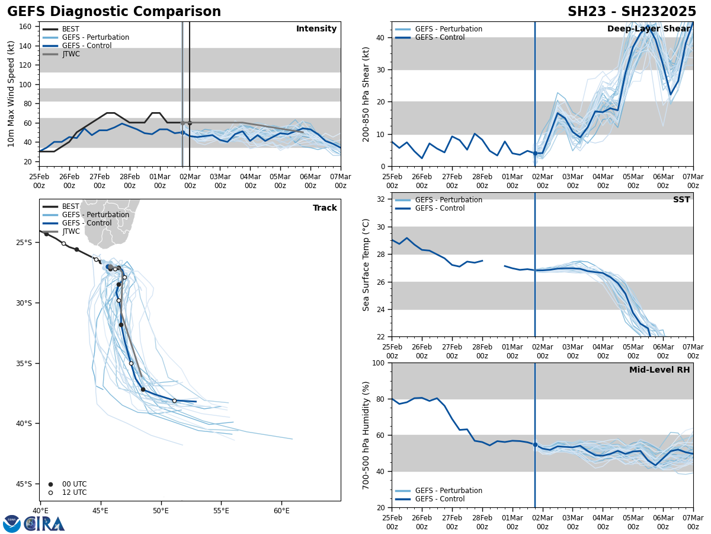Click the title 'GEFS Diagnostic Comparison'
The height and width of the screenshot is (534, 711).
coord(114,12)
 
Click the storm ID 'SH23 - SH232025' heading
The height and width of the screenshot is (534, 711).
coord(632,12)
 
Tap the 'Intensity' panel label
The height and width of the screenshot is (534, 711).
coord(316,29)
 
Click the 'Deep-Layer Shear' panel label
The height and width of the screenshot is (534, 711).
coord(648,29)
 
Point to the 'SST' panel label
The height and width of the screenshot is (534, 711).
coord(681,200)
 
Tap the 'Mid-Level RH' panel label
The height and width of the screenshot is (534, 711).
coord(659,370)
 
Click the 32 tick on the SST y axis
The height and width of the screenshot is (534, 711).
coord(381,199)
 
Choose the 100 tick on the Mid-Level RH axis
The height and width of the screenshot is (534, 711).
coord(379,363)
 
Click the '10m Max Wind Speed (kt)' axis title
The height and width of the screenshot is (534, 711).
coord(11,94)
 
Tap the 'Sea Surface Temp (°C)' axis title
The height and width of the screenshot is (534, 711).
coord(366,265)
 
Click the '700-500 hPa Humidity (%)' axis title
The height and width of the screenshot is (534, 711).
coord(366,435)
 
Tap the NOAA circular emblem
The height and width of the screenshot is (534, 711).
coord(12,524)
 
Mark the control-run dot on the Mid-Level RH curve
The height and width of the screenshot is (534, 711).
coord(535,444)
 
